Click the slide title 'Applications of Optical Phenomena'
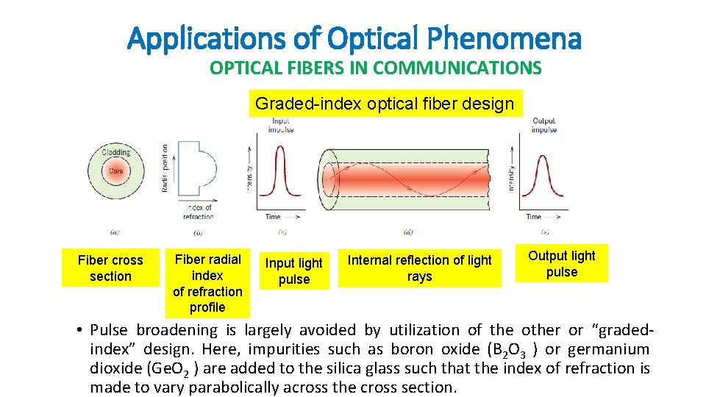[x=354, y=37]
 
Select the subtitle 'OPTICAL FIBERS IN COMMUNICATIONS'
[x=375, y=68]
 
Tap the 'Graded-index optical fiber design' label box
[x=385, y=104]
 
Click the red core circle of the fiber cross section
[x=115, y=171]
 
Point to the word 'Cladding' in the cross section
[x=115, y=153]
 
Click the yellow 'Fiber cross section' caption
[x=110, y=268]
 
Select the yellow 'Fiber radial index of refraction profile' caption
[x=207, y=283]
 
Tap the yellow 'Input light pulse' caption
[x=293, y=271]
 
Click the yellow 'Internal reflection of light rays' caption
[x=419, y=268]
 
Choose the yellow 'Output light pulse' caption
[x=562, y=264]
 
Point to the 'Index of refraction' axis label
[x=198, y=212]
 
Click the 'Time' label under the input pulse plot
[x=273, y=217]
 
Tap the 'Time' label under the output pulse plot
[x=534, y=217]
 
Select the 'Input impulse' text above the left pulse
[x=281, y=125]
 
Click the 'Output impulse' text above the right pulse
[x=543, y=125]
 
